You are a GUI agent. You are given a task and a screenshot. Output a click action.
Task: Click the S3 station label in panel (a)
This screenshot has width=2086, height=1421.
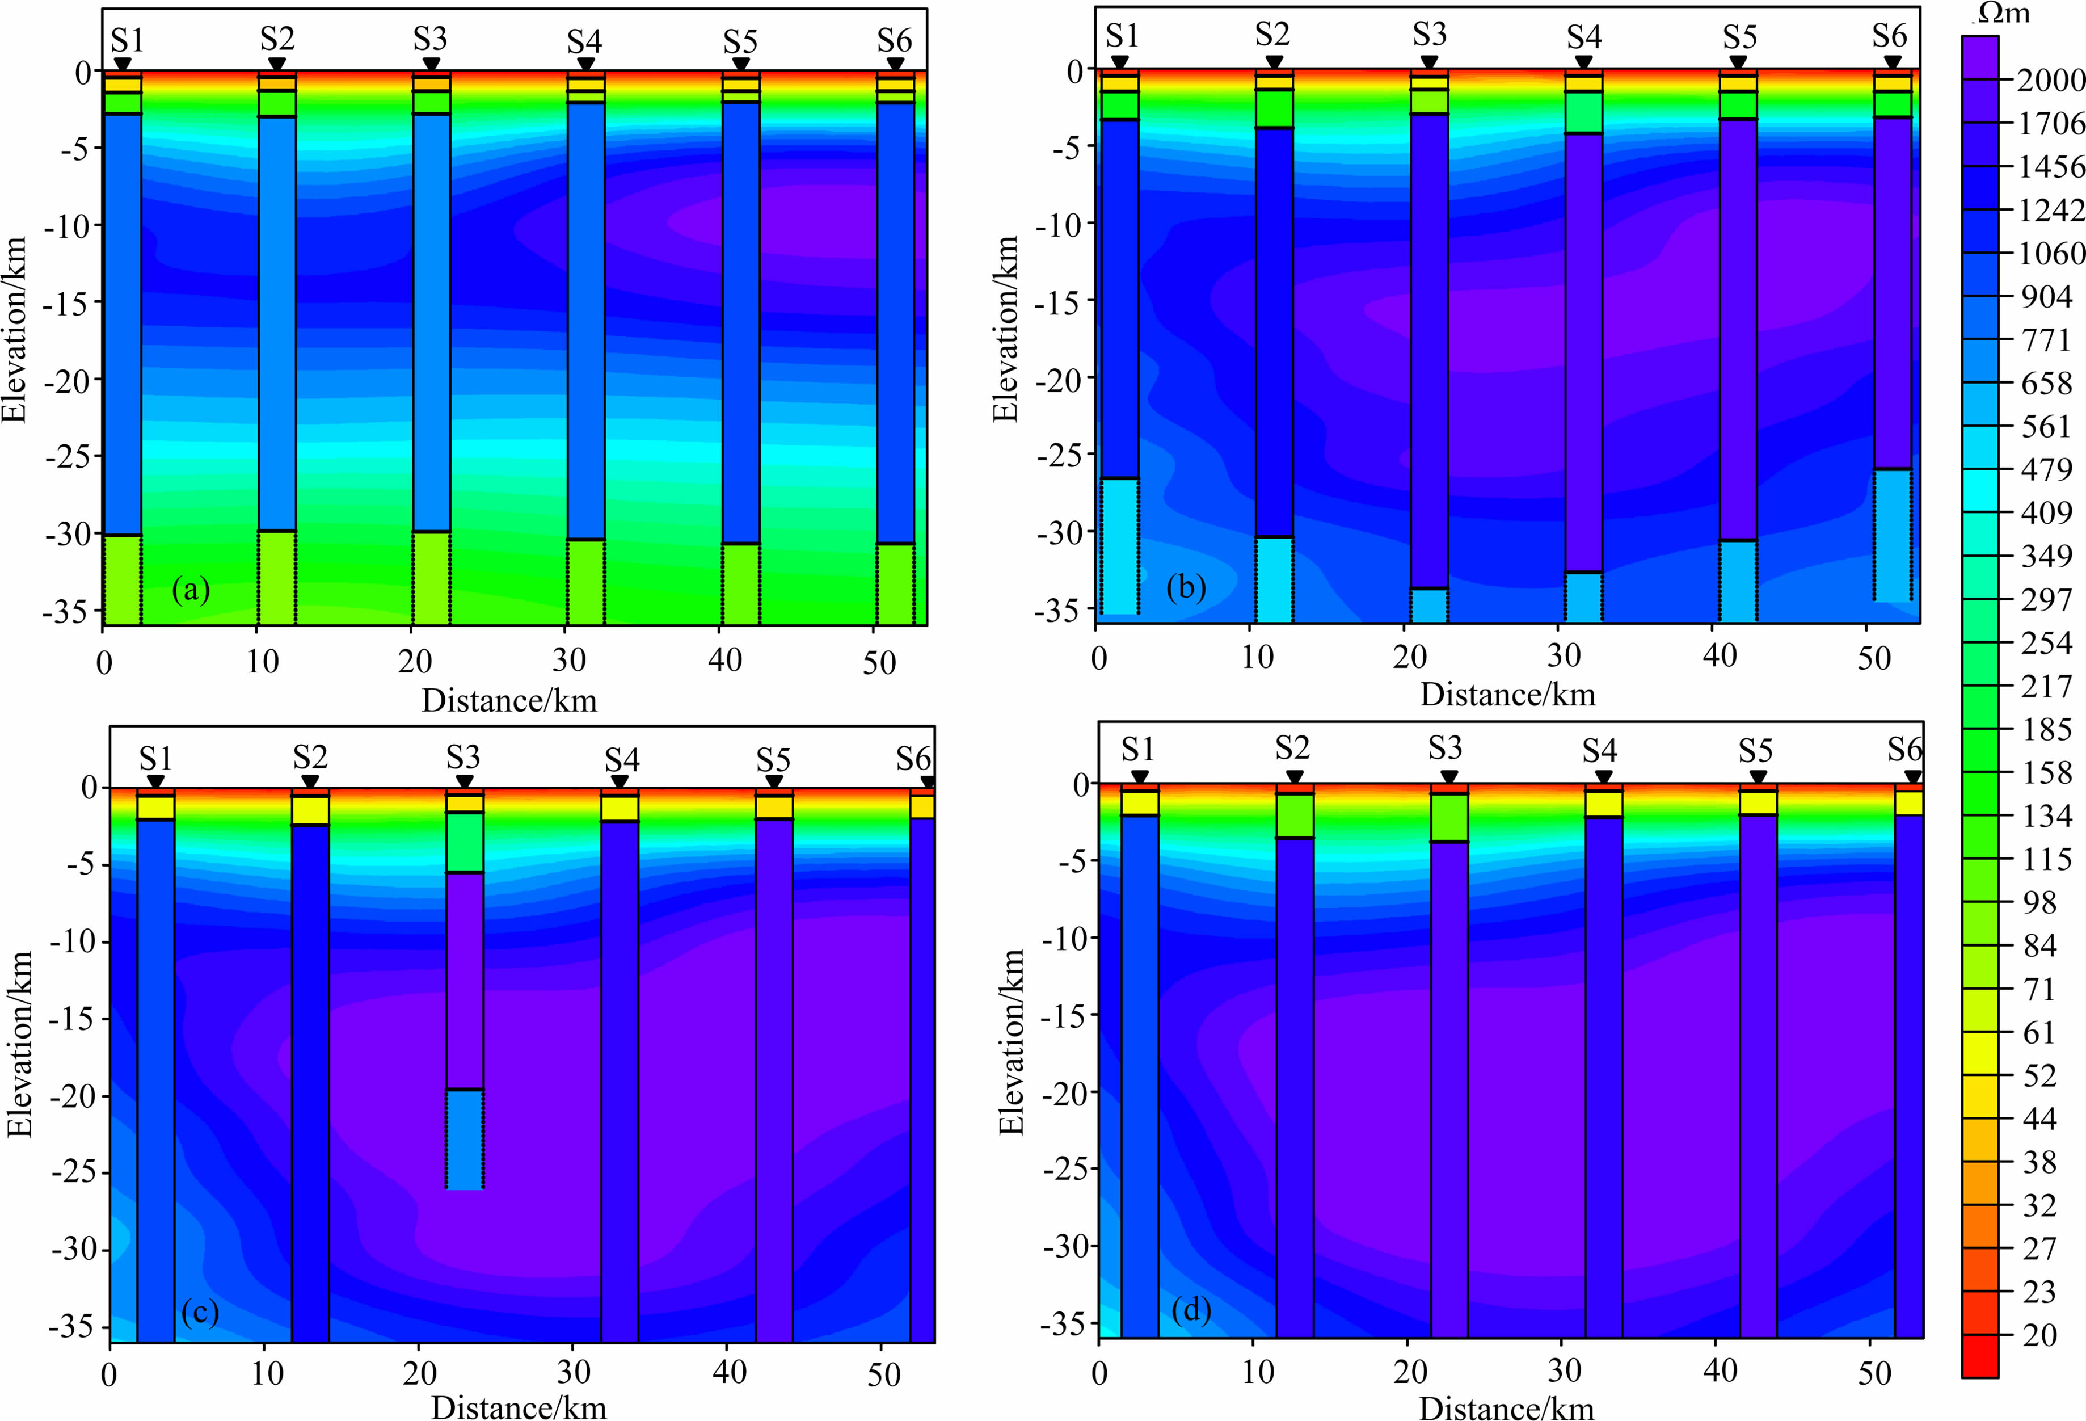(x=430, y=40)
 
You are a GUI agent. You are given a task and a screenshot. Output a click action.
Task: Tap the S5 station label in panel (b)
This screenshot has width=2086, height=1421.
(x=1739, y=37)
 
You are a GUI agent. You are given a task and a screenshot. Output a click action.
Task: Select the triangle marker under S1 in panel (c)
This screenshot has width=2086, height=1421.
(x=155, y=782)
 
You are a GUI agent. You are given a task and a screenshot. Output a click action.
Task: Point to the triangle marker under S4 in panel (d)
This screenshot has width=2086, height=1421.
(x=1604, y=777)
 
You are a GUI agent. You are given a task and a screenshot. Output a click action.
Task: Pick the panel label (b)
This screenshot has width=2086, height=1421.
(x=1186, y=587)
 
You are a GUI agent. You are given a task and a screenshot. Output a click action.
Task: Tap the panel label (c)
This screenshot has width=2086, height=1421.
(x=199, y=1313)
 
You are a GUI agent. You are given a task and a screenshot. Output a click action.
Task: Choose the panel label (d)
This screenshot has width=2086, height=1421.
(x=1191, y=1310)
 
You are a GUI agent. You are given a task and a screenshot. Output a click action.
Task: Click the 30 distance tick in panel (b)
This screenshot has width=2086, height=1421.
(x=1564, y=656)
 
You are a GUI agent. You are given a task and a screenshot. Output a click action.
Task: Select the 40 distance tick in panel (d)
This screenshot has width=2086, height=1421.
(x=1719, y=1370)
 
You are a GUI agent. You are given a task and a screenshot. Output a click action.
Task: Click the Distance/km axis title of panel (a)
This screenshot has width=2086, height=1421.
(x=509, y=700)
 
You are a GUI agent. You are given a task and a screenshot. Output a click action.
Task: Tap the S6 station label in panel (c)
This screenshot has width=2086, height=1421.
(x=913, y=759)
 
